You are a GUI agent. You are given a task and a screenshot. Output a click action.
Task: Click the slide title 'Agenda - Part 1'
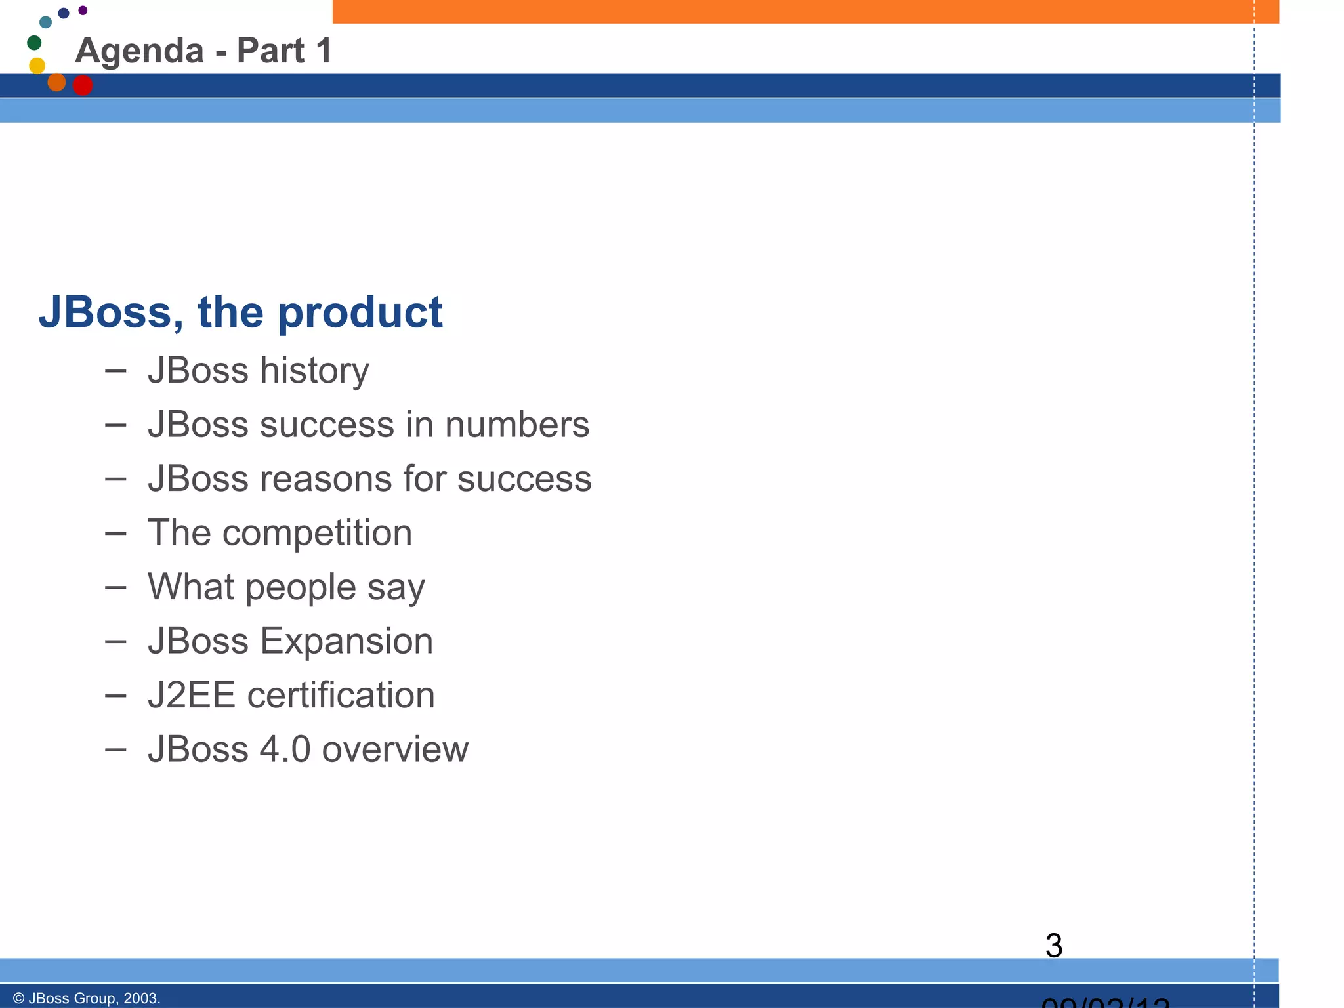203,51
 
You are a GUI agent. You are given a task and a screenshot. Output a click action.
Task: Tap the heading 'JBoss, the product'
241,312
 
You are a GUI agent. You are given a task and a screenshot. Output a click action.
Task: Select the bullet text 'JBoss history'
259,371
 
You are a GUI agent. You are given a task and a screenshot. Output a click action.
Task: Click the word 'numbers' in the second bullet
517,425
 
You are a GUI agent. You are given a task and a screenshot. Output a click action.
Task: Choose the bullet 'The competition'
280,533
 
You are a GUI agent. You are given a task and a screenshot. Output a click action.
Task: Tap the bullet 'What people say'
286,587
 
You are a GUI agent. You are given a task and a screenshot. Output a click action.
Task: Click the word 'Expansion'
346,641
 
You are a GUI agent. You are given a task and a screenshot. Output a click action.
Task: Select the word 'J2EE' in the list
191,696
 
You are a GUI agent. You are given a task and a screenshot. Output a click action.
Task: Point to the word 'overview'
395,749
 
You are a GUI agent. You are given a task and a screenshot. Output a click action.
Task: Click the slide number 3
1053,946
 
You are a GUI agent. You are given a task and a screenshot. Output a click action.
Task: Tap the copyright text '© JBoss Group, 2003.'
87,998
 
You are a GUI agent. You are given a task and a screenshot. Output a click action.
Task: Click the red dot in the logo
83,85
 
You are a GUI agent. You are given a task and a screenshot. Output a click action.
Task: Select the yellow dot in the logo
37,66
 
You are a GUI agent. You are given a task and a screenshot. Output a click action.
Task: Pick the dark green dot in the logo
34,43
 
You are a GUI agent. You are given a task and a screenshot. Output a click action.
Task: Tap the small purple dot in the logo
83,10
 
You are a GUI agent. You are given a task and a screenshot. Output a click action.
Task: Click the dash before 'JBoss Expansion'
115,641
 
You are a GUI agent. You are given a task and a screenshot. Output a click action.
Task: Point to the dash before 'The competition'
115,533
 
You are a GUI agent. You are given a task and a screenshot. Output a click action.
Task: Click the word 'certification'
341,696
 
